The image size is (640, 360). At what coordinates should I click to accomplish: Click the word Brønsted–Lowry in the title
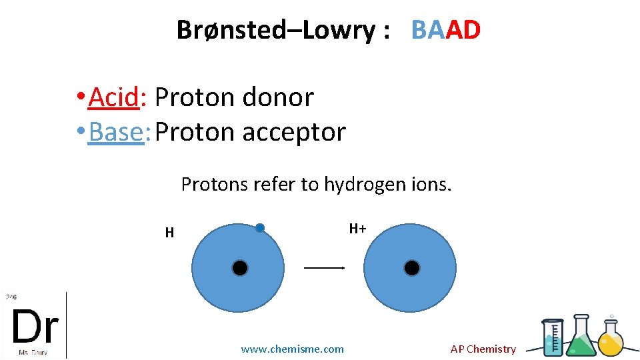[x=275, y=30]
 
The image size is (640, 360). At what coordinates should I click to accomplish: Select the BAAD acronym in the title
[x=445, y=30]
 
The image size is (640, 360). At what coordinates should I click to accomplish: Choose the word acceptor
[x=294, y=132]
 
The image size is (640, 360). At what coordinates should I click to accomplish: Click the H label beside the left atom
[x=169, y=233]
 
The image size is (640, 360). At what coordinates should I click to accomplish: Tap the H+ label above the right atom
[x=357, y=229]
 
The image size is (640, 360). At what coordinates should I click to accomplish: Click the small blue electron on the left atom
[x=260, y=228]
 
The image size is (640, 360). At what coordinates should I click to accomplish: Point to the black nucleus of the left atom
[x=240, y=268]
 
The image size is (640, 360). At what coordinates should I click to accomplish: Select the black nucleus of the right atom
[x=412, y=268]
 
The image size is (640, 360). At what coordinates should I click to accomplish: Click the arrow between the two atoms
[x=324, y=268]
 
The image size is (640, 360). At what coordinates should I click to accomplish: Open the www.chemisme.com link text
[x=292, y=349]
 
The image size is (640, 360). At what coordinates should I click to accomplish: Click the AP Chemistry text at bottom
[x=483, y=349]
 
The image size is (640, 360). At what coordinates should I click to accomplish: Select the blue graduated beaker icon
[x=553, y=339]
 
